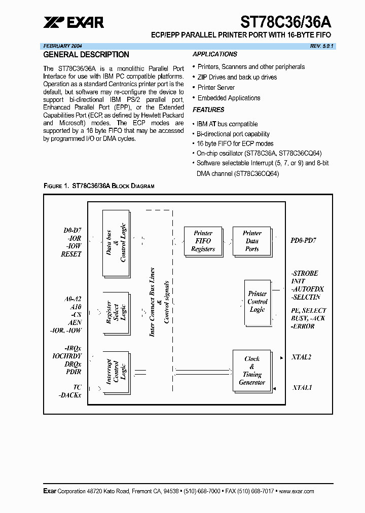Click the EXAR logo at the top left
pyautogui.click(x=73, y=22)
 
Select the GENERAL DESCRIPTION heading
pyautogui.click(x=86, y=55)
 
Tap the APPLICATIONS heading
pyautogui.click(x=215, y=54)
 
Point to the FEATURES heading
pyautogui.click(x=208, y=109)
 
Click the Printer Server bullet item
pyautogui.click(x=216, y=87)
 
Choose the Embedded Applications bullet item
pyautogui.click(x=229, y=98)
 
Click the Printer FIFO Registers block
pyautogui.click(x=203, y=241)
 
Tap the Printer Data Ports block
pyautogui.click(x=252, y=241)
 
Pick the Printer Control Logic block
pyautogui.click(x=258, y=302)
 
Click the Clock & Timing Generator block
pyautogui.click(x=252, y=371)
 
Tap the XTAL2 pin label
pyautogui.click(x=302, y=357)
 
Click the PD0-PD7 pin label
pyautogui.click(x=304, y=241)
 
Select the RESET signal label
pyautogui.click(x=71, y=254)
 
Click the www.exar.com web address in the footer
pyautogui.click(x=296, y=491)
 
